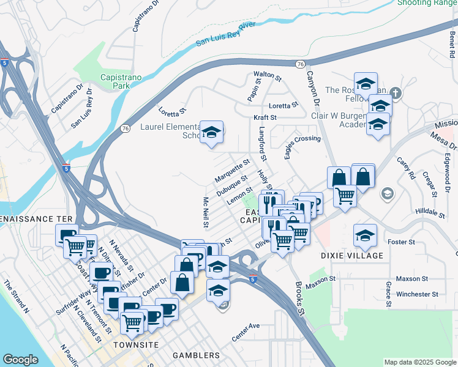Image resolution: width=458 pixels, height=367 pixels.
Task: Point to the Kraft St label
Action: click(x=265, y=117)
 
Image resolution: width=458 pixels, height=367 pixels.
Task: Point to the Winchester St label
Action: click(x=417, y=294)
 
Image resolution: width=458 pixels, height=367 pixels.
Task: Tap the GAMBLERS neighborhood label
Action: click(x=196, y=355)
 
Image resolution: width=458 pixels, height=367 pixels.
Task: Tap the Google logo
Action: click(x=20, y=360)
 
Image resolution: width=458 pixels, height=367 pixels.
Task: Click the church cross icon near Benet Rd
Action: click(x=396, y=94)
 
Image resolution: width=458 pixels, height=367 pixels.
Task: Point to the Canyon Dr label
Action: click(x=314, y=91)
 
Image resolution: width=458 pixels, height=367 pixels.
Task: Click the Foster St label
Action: click(x=402, y=242)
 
